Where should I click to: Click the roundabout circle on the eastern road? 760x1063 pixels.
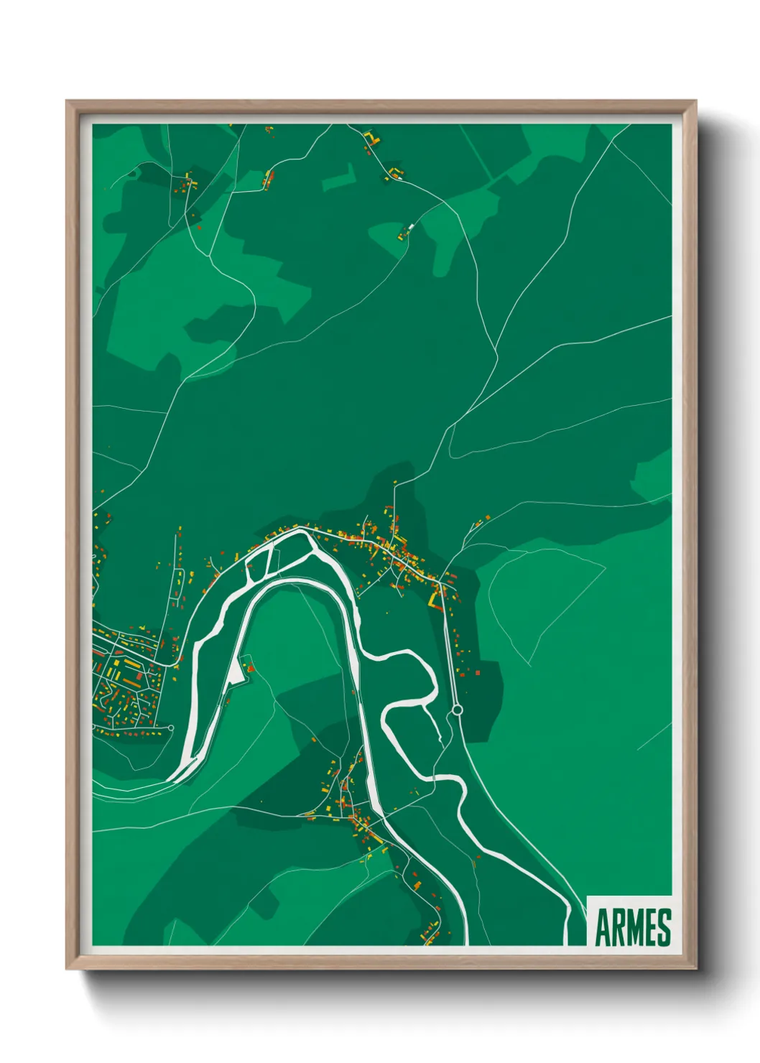(x=457, y=710)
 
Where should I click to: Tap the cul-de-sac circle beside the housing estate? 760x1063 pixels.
(x=171, y=728)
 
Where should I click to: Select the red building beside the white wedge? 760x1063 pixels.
(x=251, y=669)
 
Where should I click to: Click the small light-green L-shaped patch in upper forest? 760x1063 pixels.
(x=340, y=178)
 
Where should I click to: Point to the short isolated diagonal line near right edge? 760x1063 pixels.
(x=654, y=736)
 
